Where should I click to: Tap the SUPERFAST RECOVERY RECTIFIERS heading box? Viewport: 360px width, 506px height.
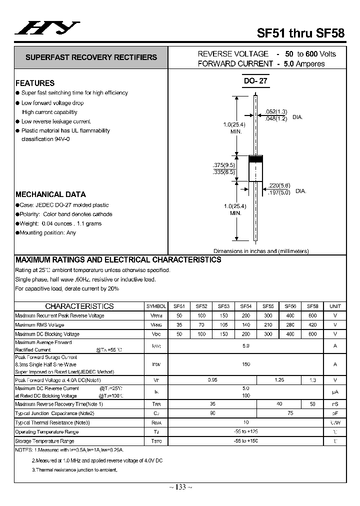click(x=91, y=57)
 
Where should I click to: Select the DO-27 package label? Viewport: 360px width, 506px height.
click(x=256, y=82)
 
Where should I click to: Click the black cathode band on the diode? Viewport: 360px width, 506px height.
click(x=256, y=159)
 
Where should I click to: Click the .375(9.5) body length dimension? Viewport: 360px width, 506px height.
click(x=223, y=165)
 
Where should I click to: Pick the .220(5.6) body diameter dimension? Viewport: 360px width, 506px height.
click(x=278, y=185)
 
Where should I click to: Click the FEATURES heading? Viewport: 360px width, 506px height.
click(x=35, y=83)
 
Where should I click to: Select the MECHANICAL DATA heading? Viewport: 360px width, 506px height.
click(x=50, y=194)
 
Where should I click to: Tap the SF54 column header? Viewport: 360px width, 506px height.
click(x=245, y=306)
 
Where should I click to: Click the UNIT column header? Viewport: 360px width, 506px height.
click(x=335, y=306)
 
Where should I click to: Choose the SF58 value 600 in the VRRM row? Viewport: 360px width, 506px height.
click(x=312, y=315)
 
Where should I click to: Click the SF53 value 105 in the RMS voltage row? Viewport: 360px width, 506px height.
click(x=223, y=324)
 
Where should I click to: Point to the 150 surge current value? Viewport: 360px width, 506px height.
click(x=245, y=364)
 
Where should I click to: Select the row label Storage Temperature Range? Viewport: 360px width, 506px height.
click(x=44, y=441)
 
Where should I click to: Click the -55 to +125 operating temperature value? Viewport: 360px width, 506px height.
click(x=245, y=431)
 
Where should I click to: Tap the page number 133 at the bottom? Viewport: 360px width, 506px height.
click(x=181, y=487)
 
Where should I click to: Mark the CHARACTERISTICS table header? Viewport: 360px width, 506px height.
click(x=79, y=306)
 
